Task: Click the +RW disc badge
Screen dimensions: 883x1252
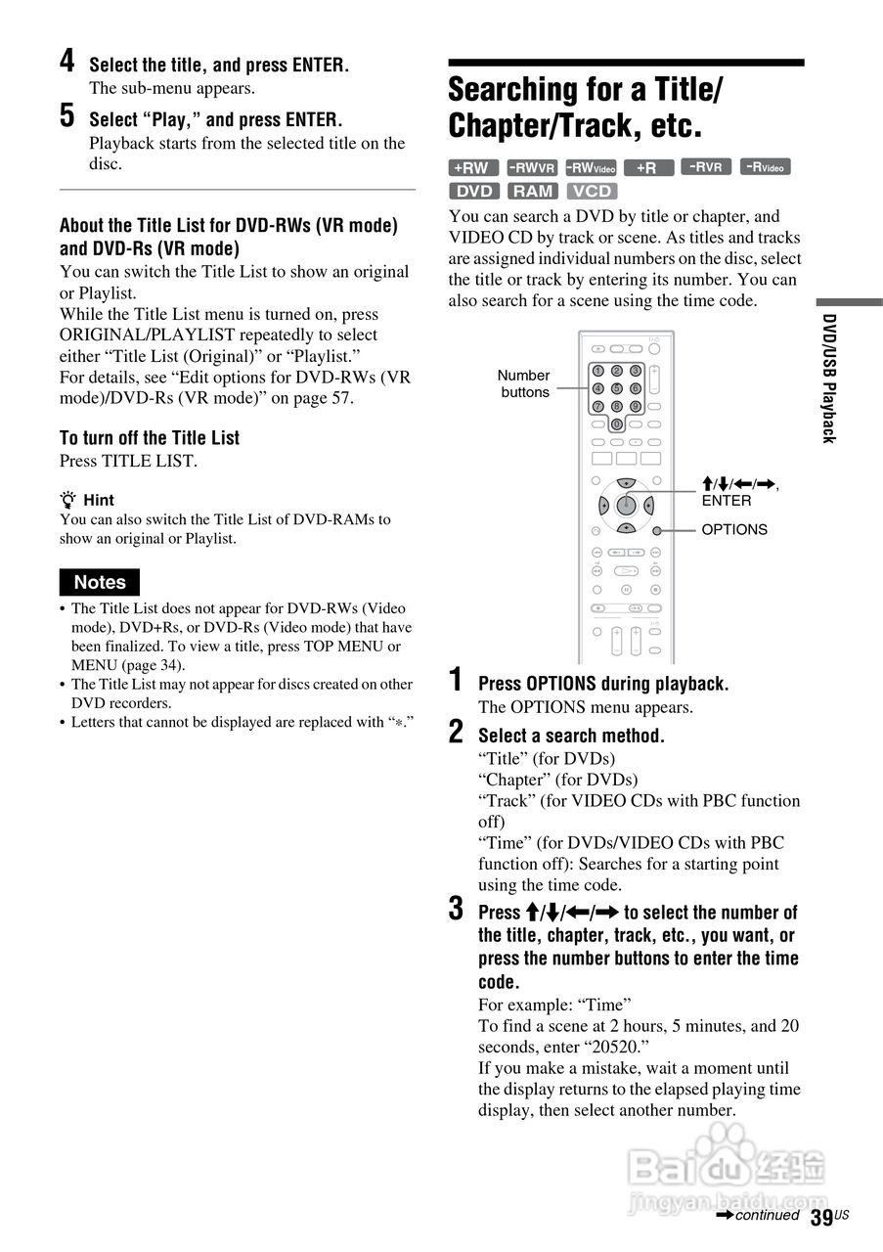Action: point(473,167)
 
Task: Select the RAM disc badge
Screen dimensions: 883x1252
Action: point(532,191)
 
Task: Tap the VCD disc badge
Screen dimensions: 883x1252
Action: point(592,191)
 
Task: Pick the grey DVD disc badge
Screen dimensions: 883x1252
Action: point(474,191)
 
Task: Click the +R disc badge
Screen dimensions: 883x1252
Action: point(647,167)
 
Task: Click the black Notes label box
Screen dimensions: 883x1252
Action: point(100,582)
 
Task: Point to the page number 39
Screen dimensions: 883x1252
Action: point(821,1217)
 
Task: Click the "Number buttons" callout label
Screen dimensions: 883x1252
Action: point(524,383)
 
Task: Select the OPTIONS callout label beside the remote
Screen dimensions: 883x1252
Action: point(734,529)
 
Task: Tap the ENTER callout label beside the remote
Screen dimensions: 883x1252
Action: point(727,501)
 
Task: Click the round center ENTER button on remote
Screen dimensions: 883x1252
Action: point(626,505)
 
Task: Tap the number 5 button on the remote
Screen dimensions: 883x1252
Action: point(616,388)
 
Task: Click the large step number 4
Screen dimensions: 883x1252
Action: point(66,62)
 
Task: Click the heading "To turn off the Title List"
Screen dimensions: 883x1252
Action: point(150,438)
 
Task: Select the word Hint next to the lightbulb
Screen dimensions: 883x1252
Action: point(99,500)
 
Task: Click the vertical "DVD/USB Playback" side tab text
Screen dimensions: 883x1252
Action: point(828,378)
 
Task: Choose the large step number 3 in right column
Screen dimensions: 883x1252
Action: point(457,909)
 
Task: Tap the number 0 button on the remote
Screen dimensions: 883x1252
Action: point(616,424)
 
